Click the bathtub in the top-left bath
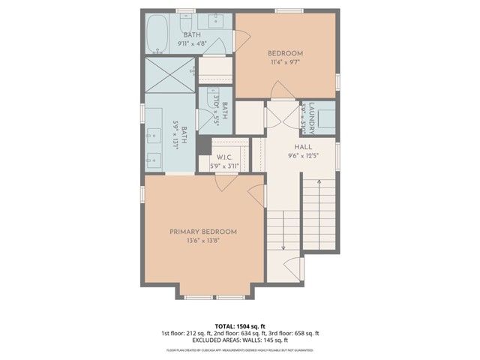[x=157, y=34]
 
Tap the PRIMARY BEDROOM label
[x=203, y=231]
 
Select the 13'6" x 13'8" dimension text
[x=203, y=241]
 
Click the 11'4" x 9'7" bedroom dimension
[x=285, y=63]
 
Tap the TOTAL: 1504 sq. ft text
[x=240, y=326]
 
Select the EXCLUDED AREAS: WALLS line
[x=240, y=340]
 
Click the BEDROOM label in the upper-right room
[x=285, y=53]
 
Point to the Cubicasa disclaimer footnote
[x=240, y=350]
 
